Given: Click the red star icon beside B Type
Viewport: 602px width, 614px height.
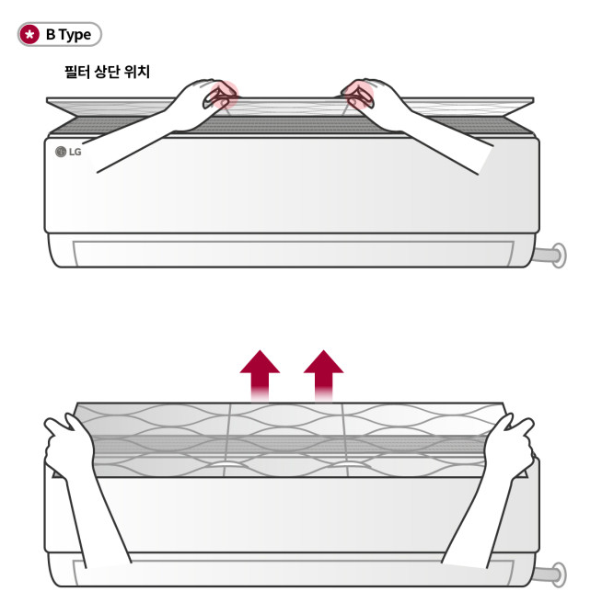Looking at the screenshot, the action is [29, 34].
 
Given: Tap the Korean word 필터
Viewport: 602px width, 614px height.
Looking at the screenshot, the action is [77, 72].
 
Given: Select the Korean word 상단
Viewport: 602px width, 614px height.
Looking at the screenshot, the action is [107, 72].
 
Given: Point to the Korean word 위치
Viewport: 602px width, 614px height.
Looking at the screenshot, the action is [137, 72].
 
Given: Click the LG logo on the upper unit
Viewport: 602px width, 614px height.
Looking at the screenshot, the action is [68, 152].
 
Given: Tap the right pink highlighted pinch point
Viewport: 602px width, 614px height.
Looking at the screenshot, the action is [359, 95].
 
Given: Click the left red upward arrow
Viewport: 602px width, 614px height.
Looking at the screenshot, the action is [260, 375].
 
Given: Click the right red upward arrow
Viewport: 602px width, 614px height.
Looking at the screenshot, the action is [323, 375].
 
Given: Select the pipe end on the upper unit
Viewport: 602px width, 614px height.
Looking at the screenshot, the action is [558, 256].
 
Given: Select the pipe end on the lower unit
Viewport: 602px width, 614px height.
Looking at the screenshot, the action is [558, 574].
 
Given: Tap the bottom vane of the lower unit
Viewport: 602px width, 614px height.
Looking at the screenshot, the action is [293, 573].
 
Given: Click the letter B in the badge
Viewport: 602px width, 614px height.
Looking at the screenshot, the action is [51, 34].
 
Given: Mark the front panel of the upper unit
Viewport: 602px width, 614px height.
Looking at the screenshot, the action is [292, 184].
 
